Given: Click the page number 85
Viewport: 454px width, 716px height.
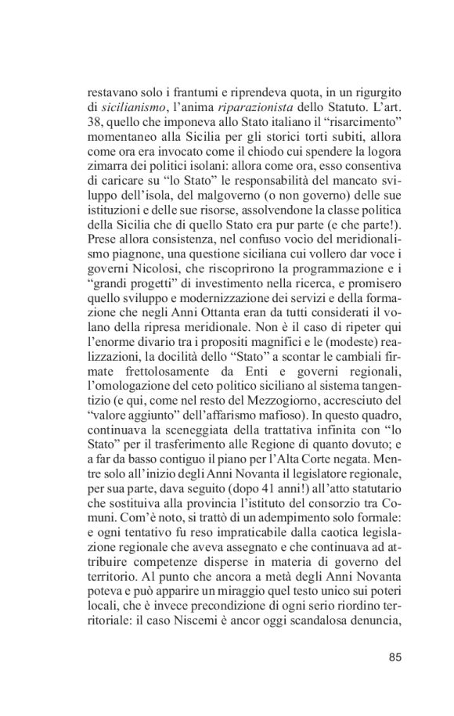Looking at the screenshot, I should click(x=394, y=656).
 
